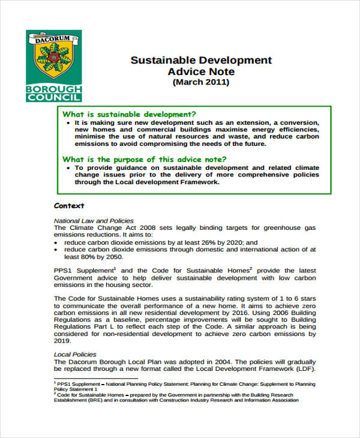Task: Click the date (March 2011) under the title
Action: click(201, 82)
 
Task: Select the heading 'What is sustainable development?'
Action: click(130, 113)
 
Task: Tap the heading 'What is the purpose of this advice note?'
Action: click(145, 159)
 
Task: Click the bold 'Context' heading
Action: click(69, 205)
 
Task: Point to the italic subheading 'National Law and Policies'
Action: click(94, 220)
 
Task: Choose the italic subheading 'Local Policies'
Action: click(74, 354)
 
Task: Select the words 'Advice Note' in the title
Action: click(201, 71)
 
